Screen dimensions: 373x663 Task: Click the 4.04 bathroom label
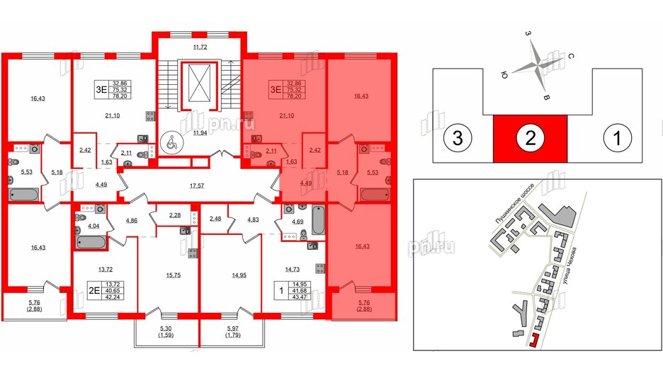pos(93,226)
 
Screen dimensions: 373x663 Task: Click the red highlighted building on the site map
pos(532,341)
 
